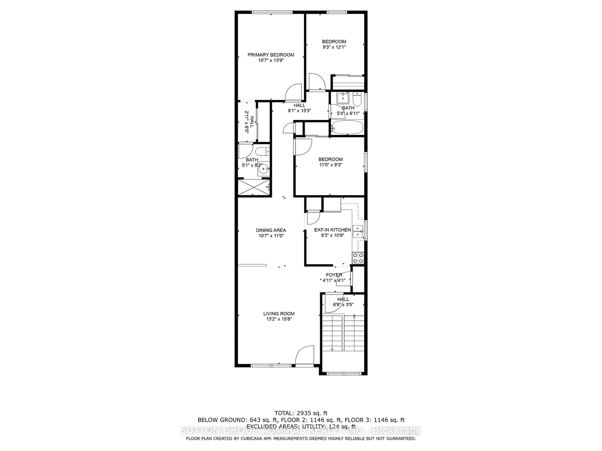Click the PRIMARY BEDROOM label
[x=271, y=55]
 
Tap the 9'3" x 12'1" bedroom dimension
[x=334, y=47]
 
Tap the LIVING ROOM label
[x=279, y=314]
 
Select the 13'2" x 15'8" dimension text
[x=279, y=319]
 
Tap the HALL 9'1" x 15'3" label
[x=299, y=108]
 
